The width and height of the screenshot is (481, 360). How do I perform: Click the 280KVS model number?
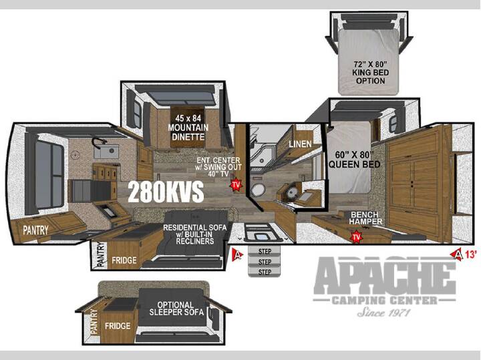(166, 192)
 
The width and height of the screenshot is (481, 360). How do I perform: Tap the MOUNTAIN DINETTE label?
(188, 132)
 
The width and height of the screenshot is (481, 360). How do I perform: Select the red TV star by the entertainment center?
(236, 185)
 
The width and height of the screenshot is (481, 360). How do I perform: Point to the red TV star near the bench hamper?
(356, 236)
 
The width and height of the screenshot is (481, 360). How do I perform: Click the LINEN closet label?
(301, 144)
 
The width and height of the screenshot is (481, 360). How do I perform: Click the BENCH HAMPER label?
(365, 218)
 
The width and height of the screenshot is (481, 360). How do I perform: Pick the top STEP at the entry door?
(265, 252)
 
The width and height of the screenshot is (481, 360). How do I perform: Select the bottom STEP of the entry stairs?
(265, 272)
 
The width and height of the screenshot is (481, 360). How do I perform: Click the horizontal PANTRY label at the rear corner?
(35, 230)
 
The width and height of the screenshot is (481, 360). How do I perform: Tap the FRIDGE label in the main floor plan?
(124, 260)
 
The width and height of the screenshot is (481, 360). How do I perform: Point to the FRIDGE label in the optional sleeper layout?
(118, 326)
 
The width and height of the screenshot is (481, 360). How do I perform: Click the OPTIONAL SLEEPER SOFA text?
(176, 309)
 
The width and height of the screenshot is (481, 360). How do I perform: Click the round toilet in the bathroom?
(257, 190)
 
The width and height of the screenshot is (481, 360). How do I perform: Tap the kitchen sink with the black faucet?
(106, 150)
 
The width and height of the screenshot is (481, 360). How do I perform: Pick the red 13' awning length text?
(471, 254)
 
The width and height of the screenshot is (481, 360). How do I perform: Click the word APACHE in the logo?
(385, 275)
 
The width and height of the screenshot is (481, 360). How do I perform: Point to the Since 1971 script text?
(383, 312)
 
